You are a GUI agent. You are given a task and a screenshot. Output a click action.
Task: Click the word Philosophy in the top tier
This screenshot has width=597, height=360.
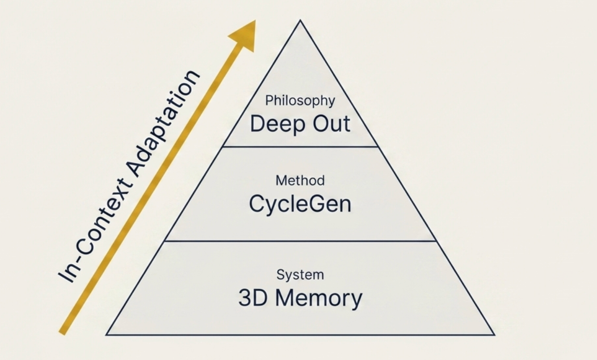click(x=300, y=101)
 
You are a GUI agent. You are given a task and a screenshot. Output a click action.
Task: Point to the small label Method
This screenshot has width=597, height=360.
click(x=300, y=180)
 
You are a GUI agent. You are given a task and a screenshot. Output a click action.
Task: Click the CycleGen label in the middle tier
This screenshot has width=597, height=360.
click(x=300, y=205)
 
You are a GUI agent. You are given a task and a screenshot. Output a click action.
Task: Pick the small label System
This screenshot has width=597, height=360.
click(x=300, y=274)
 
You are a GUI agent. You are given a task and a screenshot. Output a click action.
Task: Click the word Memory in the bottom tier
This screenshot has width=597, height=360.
click(x=318, y=298)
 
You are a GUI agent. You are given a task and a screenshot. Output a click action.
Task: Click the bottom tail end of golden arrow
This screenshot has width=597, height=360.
click(x=62, y=332)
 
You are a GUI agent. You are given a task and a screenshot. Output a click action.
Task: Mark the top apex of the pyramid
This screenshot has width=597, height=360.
click(x=300, y=21)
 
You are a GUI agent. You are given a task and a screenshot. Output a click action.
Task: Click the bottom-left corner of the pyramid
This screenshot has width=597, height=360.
click(x=107, y=335)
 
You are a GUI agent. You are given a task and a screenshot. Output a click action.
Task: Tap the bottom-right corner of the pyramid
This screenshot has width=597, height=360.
click(x=494, y=335)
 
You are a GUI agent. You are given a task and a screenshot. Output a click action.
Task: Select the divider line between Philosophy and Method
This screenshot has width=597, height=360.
click(x=300, y=147)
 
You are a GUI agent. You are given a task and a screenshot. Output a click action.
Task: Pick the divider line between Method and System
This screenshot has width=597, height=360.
click(x=300, y=241)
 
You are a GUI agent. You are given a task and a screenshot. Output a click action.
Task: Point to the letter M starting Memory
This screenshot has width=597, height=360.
click(x=286, y=298)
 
